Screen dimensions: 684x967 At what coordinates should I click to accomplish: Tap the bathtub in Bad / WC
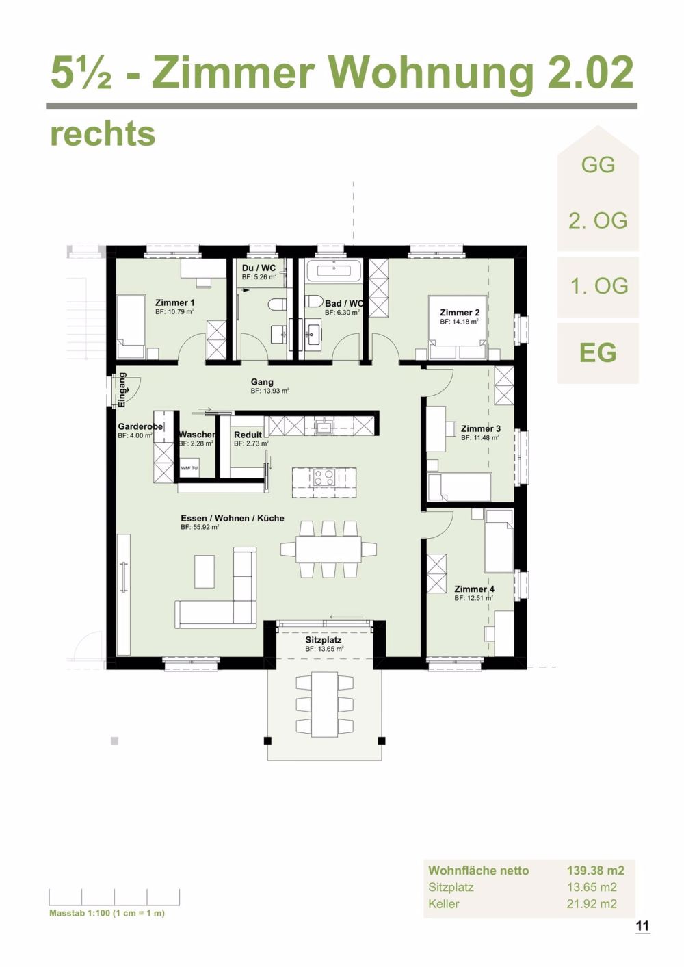pyautogui.click(x=334, y=271)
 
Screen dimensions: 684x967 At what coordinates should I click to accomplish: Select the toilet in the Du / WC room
pyautogui.click(x=276, y=304)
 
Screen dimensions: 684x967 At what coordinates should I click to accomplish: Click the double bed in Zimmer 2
pyautogui.click(x=458, y=327)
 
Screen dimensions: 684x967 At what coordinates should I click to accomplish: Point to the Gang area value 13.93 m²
pyautogui.click(x=269, y=391)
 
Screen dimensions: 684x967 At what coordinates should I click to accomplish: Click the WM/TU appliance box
pyautogui.click(x=189, y=468)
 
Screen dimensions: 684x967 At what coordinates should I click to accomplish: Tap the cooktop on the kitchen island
pyautogui.click(x=324, y=477)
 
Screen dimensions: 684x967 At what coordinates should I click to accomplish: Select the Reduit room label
pyautogui.click(x=248, y=435)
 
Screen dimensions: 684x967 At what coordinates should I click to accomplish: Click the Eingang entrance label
pyautogui.click(x=122, y=390)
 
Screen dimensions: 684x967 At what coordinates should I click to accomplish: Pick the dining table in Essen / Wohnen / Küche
pyautogui.click(x=328, y=549)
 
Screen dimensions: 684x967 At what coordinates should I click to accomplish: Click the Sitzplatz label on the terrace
pyautogui.click(x=324, y=640)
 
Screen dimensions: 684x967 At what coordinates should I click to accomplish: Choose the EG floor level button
pyautogui.click(x=598, y=352)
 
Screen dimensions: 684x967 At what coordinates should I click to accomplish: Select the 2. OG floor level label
pyautogui.click(x=598, y=221)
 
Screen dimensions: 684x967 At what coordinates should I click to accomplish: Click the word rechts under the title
pyautogui.click(x=103, y=134)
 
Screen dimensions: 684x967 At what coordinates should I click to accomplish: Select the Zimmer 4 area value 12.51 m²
pyautogui.click(x=473, y=598)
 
